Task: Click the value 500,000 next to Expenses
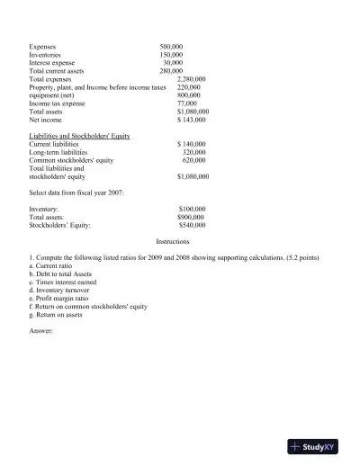pos(171,45)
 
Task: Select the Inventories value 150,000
pos(171,53)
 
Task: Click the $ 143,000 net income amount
pos(192,120)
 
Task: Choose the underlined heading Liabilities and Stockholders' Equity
pos(80,136)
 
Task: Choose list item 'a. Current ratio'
pos(55,266)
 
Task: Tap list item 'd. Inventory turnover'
pos(62,291)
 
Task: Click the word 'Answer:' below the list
pos(42,331)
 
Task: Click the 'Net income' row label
pos(46,120)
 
